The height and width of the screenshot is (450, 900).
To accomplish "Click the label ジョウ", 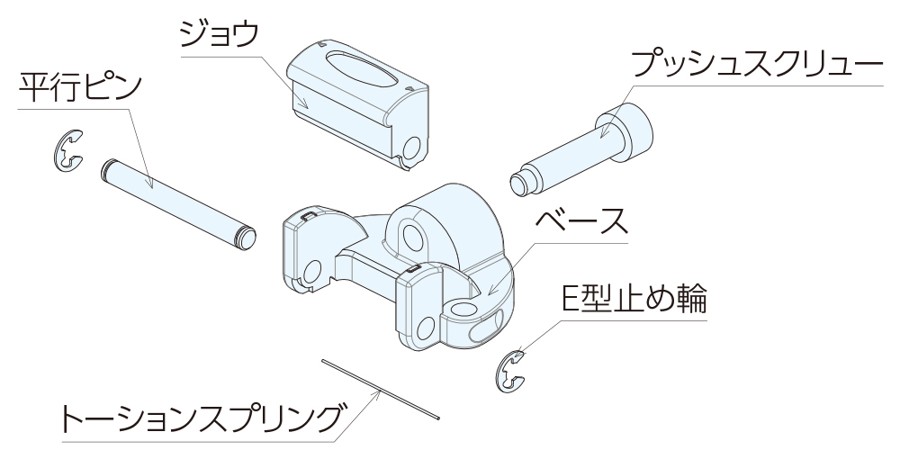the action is point(219,34).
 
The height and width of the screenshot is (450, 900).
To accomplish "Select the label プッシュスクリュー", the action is point(757,64).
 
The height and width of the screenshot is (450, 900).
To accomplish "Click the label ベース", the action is point(580,221).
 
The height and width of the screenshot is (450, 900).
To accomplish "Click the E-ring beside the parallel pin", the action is point(67,150).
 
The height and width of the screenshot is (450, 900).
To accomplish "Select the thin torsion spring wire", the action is point(381,389).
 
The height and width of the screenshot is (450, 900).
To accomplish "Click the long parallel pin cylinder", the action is point(178,204).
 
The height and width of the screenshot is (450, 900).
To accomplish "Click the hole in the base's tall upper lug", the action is point(412,237).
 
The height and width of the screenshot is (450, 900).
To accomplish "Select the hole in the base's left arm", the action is point(312,272).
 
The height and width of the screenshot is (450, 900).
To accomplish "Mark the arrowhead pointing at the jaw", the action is point(303,103).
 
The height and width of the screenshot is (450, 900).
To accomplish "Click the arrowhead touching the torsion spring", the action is point(378,392).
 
